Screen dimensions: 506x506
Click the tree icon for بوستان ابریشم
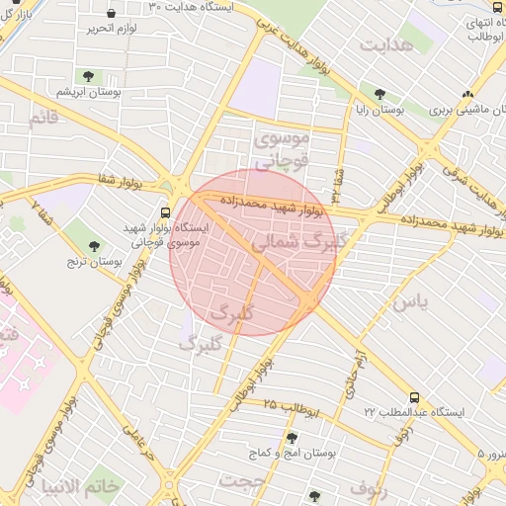(89, 76)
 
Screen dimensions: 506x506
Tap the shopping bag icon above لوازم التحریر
(110, 14)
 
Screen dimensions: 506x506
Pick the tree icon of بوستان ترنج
(95, 246)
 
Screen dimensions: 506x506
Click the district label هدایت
(385, 46)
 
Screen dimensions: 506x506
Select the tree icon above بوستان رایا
(379, 94)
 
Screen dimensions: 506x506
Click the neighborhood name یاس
(409, 301)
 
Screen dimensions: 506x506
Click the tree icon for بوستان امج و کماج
(291, 437)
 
